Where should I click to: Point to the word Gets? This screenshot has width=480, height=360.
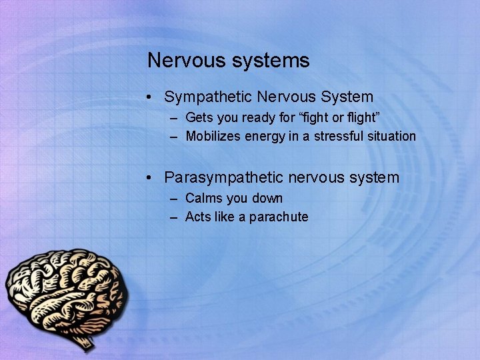(198, 117)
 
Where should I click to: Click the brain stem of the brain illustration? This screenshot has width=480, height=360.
(85, 342)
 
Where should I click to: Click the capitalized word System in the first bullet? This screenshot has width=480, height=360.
(345, 97)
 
